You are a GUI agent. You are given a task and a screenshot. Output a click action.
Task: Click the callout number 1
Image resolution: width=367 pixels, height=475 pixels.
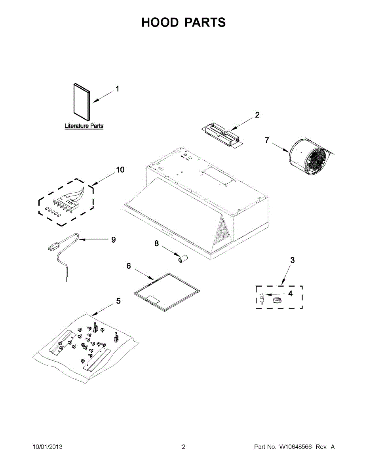[117, 89]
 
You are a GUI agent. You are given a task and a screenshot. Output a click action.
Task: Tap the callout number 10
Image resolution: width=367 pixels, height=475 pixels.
[120, 170]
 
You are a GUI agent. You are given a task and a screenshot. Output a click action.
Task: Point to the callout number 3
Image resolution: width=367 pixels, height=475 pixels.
[292, 260]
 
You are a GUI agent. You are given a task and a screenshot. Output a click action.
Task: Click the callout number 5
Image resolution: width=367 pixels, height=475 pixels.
[118, 301]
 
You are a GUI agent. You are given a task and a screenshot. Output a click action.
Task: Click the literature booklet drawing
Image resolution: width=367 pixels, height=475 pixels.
[81, 102]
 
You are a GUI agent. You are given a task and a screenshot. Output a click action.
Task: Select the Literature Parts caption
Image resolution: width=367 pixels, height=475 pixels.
[84, 126]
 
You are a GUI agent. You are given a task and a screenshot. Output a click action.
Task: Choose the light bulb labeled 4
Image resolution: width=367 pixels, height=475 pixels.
[262, 297]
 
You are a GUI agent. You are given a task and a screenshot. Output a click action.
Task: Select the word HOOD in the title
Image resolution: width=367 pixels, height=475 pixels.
[160, 23]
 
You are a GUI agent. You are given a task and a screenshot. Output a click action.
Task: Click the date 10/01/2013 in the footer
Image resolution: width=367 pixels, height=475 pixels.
[47, 447]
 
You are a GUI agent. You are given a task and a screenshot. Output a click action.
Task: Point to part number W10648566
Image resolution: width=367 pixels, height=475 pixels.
[296, 447]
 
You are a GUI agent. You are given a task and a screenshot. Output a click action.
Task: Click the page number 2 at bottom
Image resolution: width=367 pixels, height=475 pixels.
[183, 447]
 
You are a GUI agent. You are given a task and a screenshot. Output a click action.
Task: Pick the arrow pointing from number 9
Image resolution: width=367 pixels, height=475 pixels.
[93, 240]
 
